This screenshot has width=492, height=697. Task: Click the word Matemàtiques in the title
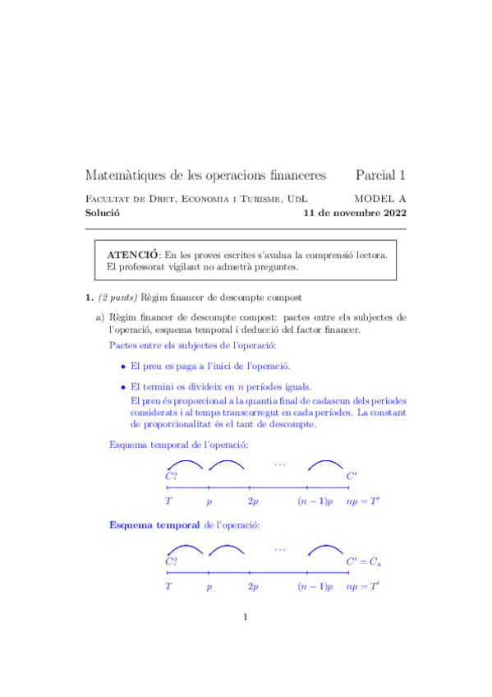pos(126,176)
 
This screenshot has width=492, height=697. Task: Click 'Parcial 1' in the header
pos(380,176)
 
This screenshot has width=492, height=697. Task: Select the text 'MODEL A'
pos(379,199)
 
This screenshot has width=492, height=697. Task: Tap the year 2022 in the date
pos(389,212)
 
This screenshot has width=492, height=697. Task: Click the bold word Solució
pos(103,212)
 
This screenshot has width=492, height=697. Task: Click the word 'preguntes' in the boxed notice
pos(274,266)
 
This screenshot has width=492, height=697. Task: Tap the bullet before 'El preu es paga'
pos(123,366)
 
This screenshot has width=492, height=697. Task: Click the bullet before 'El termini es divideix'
pos(123,386)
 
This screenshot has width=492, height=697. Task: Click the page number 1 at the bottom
pos(245,618)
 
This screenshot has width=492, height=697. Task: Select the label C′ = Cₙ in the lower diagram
pos(363,561)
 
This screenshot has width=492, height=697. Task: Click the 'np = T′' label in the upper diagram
pos(362,501)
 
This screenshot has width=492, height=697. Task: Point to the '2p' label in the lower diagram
pos(253,587)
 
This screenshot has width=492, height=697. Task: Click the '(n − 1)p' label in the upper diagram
pos(315,501)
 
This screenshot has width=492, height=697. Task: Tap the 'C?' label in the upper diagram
pos(172,476)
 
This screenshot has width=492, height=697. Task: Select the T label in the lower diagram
pos(168,587)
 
